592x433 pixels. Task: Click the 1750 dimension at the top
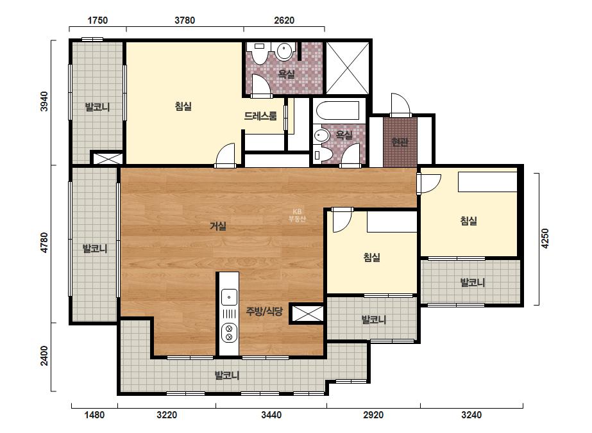coord(97,20)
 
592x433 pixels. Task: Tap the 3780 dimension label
coord(185,20)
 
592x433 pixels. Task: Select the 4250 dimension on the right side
coord(545,238)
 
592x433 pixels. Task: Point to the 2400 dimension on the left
coord(44,355)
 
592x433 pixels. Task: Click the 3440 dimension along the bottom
coord(271,415)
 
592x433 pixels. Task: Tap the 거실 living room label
coord(218,226)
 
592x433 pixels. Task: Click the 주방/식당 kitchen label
coord(264,311)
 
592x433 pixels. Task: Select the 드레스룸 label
coord(260,116)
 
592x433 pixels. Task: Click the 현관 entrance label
coord(400,142)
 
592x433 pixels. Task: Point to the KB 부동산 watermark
coord(297,215)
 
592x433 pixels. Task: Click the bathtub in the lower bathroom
coord(338,110)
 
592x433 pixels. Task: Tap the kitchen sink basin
coord(229,297)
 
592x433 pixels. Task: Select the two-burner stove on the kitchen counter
coord(229,332)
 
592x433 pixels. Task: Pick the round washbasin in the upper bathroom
coord(285,51)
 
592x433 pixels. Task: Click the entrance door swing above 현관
coord(400,104)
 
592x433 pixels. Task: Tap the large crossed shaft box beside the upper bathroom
coord(348,68)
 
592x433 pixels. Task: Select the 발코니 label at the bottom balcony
coord(227,375)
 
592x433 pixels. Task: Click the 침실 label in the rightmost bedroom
coord(469,220)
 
